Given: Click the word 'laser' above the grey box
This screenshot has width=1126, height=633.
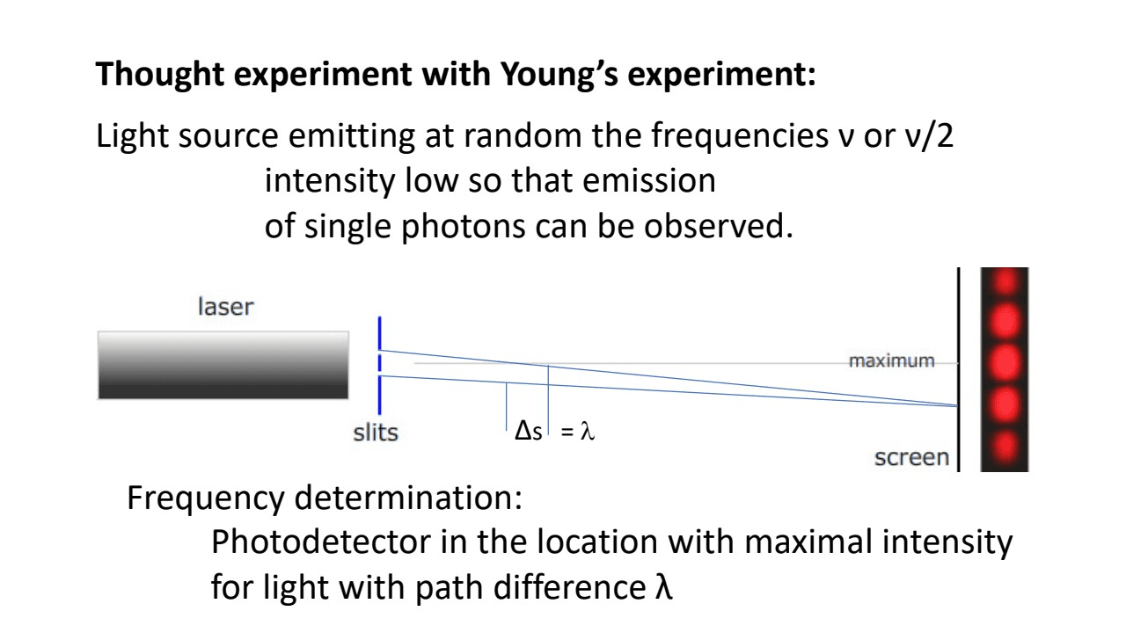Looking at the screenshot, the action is [x=226, y=307].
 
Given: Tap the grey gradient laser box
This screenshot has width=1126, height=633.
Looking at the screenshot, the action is [x=223, y=365].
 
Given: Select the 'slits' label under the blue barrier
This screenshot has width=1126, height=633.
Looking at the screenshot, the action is [x=376, y=433].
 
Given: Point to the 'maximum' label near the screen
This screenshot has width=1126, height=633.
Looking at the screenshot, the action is [x=892, y=360].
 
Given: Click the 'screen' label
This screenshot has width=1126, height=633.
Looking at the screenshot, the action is [x=911, y=458].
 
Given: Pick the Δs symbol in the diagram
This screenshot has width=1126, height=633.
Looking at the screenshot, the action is [x=529, y=431].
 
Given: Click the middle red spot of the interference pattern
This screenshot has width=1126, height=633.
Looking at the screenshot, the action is [x=1005, y=363].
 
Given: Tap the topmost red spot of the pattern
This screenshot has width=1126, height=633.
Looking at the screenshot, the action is [x=1005, y=281].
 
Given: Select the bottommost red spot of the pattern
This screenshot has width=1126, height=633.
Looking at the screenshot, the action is [x=1005, y=446].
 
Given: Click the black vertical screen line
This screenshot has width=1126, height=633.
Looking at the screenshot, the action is [x=959, y=369].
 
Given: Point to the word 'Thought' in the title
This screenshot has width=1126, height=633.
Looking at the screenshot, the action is [x=160, y=75].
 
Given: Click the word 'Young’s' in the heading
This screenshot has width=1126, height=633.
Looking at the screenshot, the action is [x=559, y=75].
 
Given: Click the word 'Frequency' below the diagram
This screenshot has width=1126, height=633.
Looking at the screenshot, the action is [x=206, y=498].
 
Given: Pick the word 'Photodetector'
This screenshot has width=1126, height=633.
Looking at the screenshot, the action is [x=321, y=542].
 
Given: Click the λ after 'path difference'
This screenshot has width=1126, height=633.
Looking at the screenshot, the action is [x=663, y=586].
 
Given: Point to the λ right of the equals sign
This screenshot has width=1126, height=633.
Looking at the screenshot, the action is [x=587, y=431].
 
